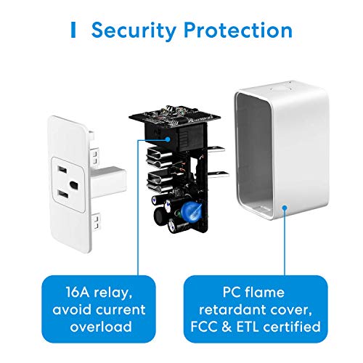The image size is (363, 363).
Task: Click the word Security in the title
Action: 134,30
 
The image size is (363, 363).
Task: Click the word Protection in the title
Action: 238,30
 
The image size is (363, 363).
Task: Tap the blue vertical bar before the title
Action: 73,30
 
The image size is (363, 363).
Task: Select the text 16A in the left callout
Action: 78,292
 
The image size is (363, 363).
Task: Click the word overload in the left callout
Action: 101,327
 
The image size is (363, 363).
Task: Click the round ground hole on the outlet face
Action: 74,185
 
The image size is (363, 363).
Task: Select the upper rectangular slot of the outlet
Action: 62,169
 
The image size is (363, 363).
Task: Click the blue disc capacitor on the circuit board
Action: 191,209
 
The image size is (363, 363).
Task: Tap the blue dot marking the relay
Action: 168,139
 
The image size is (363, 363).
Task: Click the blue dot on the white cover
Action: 285,208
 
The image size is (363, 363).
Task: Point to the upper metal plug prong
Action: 216,150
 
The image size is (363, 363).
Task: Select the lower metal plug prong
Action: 219,175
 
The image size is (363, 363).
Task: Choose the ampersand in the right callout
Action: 227,327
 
